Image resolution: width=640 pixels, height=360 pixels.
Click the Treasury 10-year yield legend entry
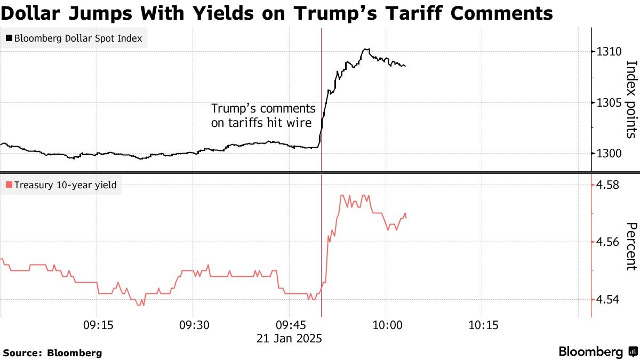(61, 185)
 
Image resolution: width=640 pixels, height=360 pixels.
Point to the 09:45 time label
(289, 325)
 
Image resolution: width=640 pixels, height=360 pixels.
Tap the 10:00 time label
(386, 325)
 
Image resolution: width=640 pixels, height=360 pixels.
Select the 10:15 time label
(482, 325)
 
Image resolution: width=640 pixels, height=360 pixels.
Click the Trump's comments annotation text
(263, 115)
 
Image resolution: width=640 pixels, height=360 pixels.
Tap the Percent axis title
(631, 246)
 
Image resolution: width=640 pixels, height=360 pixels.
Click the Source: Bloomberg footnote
(53, 353)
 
